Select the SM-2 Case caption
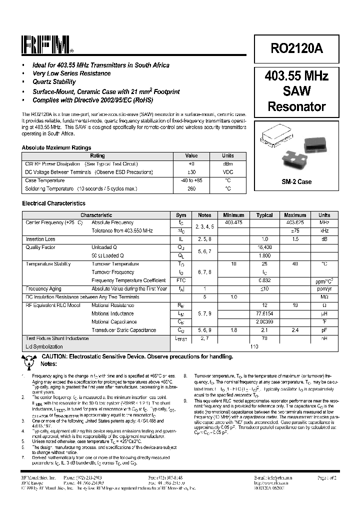(296, 181)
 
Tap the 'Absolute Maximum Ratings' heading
(56, 148)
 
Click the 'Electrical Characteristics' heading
(53, 203)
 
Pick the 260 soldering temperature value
(191, 189)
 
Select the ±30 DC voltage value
(191, 172)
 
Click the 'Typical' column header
(264, 215)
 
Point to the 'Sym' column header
(181, 215)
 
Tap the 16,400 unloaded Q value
(264, 247)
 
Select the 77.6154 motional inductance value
(264, 314)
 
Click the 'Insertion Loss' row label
(40, 239)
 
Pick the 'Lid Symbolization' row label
(44, 346)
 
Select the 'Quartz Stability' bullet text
(54, 82)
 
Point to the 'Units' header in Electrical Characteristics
(324, 215)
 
